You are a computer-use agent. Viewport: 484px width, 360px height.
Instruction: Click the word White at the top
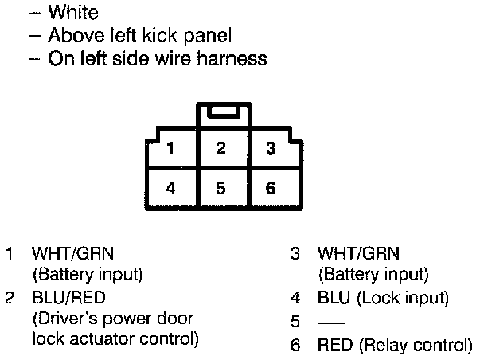tap(73, 13)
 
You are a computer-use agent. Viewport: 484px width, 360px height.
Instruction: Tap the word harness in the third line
tap(233, 59)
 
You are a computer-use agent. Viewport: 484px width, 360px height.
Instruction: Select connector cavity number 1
tap(171, 148)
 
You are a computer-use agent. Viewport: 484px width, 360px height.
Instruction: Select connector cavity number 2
tap(221, 148)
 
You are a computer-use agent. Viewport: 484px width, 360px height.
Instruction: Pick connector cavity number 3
tap(271, 148)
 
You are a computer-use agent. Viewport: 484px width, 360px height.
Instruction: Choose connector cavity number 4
tap(171, 189)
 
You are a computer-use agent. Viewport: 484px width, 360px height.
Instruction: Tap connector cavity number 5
tap(221, 189)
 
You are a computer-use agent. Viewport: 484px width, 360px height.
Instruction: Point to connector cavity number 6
tap(271, 189)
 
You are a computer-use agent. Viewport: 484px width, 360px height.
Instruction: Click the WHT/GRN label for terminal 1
tap(72, 254)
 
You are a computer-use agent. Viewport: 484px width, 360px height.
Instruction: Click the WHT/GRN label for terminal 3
tap(358, 254)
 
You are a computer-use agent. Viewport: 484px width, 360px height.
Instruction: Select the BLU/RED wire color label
tap(68, 299)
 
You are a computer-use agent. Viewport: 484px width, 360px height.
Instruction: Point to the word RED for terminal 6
tap(333, 346)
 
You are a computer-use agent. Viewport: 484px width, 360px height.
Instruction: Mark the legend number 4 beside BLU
tap(295, 299)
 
